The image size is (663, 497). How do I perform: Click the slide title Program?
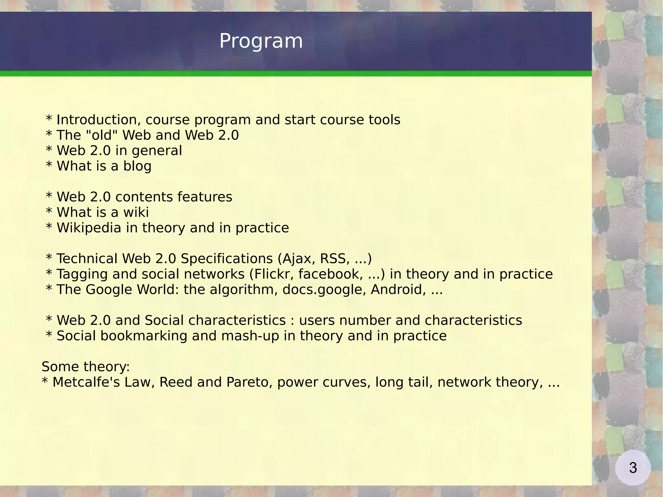click(x=261, y=41)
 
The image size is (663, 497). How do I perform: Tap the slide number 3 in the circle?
click(x=633, y=468)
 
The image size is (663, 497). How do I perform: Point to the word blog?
click(x=137, y=166)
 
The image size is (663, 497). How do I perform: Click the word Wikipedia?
click(x=89, y=228)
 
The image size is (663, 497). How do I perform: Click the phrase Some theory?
click(x=85, y=367)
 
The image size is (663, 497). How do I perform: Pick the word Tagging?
click(x=82, y=274)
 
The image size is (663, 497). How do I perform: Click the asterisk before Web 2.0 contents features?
click(x=49, y=196)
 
